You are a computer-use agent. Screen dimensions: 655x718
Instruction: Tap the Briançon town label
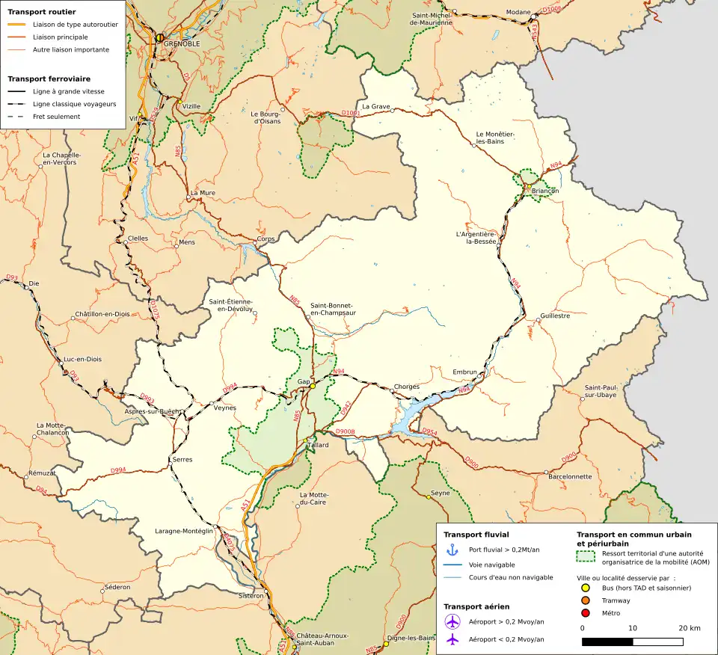544,191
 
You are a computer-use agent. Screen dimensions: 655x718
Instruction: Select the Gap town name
304,381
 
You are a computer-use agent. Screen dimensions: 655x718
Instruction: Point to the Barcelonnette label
570,476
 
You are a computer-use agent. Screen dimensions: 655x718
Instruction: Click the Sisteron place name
251,596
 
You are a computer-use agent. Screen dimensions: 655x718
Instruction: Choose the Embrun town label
464,372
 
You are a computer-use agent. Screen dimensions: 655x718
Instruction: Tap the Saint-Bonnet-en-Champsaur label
333,309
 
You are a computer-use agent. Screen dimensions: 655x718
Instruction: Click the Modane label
518,13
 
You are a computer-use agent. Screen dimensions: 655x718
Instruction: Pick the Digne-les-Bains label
411,638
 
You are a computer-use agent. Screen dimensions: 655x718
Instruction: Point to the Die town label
33,284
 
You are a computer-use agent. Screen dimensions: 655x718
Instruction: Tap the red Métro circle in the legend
586,613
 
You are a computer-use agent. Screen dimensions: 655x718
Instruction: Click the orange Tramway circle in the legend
586,600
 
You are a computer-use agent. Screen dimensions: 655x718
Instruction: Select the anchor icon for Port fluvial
452,550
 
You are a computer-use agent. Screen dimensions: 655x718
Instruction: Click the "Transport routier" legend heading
41,12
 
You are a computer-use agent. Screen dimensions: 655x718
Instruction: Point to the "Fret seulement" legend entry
56,117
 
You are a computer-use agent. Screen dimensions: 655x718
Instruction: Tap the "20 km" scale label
690,628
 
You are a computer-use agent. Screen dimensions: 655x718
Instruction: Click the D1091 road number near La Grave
350,113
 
